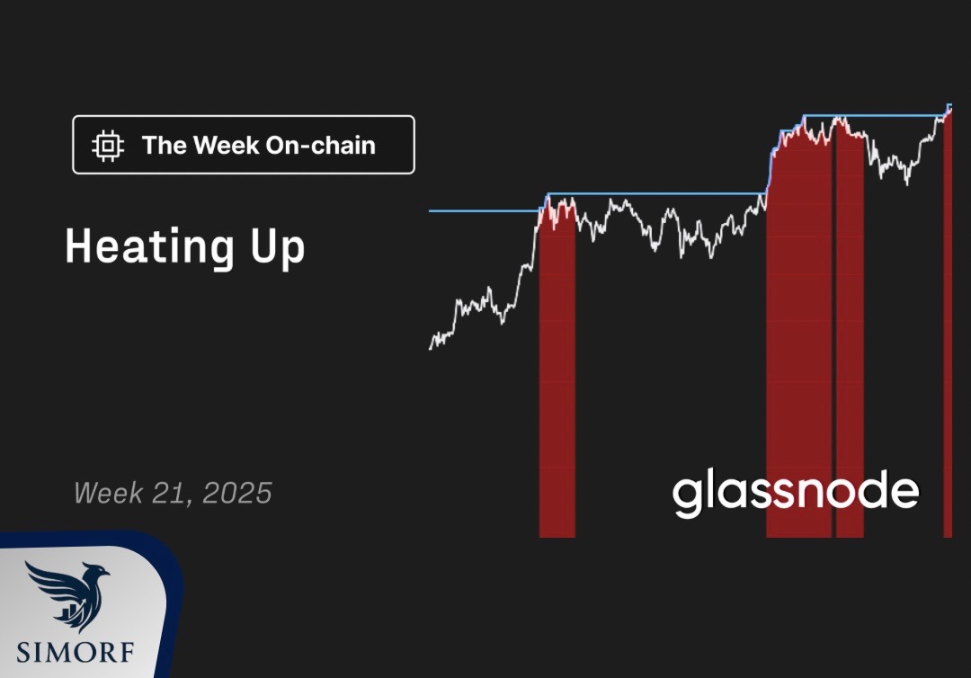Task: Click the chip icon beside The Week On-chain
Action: point(108,146)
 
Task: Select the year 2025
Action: point(237,494)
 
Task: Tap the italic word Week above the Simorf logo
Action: point(110,494)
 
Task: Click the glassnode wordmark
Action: point(796,493)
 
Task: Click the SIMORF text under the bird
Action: point(75,652)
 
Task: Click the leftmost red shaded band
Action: point(557,371)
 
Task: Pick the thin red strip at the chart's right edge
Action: point(948,322)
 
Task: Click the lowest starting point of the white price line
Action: point(431,349)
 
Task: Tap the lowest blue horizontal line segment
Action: point(485,211)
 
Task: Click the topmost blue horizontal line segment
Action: point(877,116)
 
